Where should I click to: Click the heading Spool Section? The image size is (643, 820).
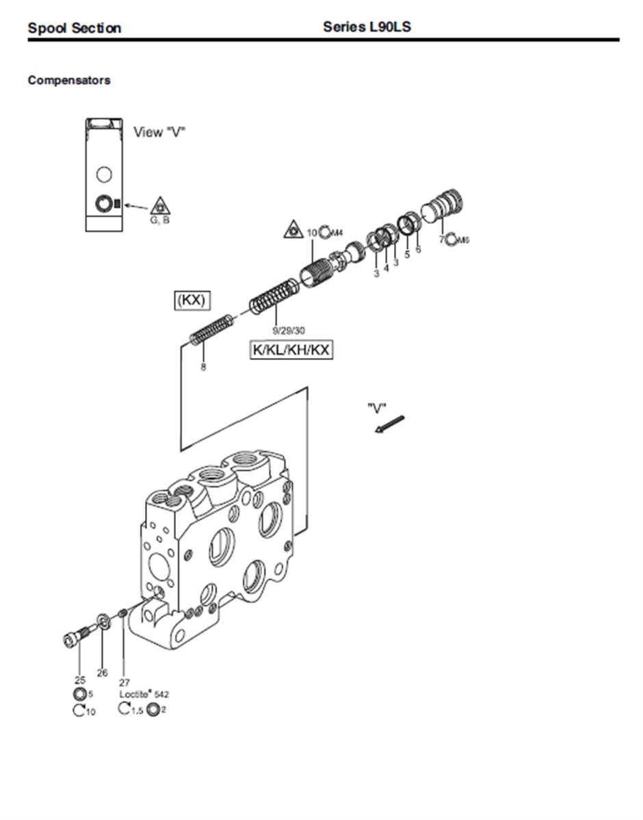pyautogui.click(x=74, y=28)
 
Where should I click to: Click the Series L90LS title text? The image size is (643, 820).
pyautogui.click(x=367, y=27)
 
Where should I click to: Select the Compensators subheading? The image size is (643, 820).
pyautogui.click(x=68, y=80)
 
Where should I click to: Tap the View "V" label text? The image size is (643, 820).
pyautogui.click(x=159, y=132)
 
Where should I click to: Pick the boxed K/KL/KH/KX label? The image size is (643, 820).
pyautogui.click(x=291, y=350)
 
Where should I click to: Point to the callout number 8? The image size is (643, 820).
pyautogui.click(x=202, y=367)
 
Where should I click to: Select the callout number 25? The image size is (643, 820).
pyautogui.click(x=79, y=680)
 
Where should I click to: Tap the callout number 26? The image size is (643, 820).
pyautogui.click(x=102, y=673)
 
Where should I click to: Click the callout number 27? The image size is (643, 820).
pyautogui.click(x=124, y=682)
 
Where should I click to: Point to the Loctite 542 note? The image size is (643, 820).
pyautogui.click(x=144, y=694)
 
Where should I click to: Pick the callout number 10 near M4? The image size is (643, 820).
pyautogui.click(x=311, y=233)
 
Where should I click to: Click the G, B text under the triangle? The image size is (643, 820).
pyautogui.click(x=159, y=220)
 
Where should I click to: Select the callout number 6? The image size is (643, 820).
pyautogui.click(x=418, y=249)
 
